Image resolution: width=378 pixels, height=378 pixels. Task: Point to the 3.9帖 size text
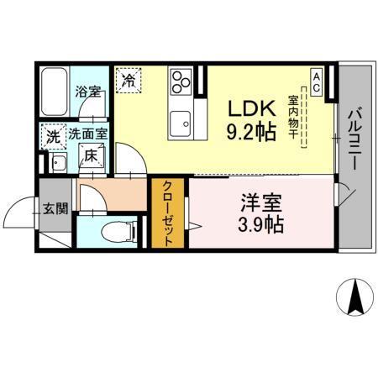click(261, 224)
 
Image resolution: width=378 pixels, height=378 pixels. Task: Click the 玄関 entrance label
click(55, 209)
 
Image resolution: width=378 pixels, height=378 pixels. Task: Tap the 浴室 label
click(87, 91)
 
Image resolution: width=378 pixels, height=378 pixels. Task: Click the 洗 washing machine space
click(52, 134)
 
